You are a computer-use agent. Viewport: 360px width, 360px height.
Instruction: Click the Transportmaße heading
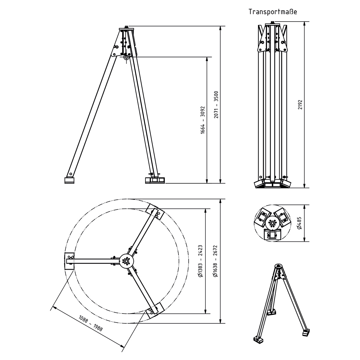272,12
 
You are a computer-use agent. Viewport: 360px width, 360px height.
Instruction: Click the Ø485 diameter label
300,223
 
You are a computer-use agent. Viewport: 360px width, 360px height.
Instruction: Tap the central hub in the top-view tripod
127,262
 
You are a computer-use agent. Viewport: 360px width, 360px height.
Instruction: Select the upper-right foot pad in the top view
155,213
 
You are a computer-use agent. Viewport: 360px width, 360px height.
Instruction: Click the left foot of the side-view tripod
69,180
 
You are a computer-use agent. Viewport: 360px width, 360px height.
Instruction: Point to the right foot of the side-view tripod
155,180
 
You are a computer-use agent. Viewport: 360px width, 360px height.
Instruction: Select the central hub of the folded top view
272,223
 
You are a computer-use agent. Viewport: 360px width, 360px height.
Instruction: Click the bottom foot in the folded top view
272,235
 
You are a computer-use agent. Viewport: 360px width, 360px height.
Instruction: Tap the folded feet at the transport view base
272,184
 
